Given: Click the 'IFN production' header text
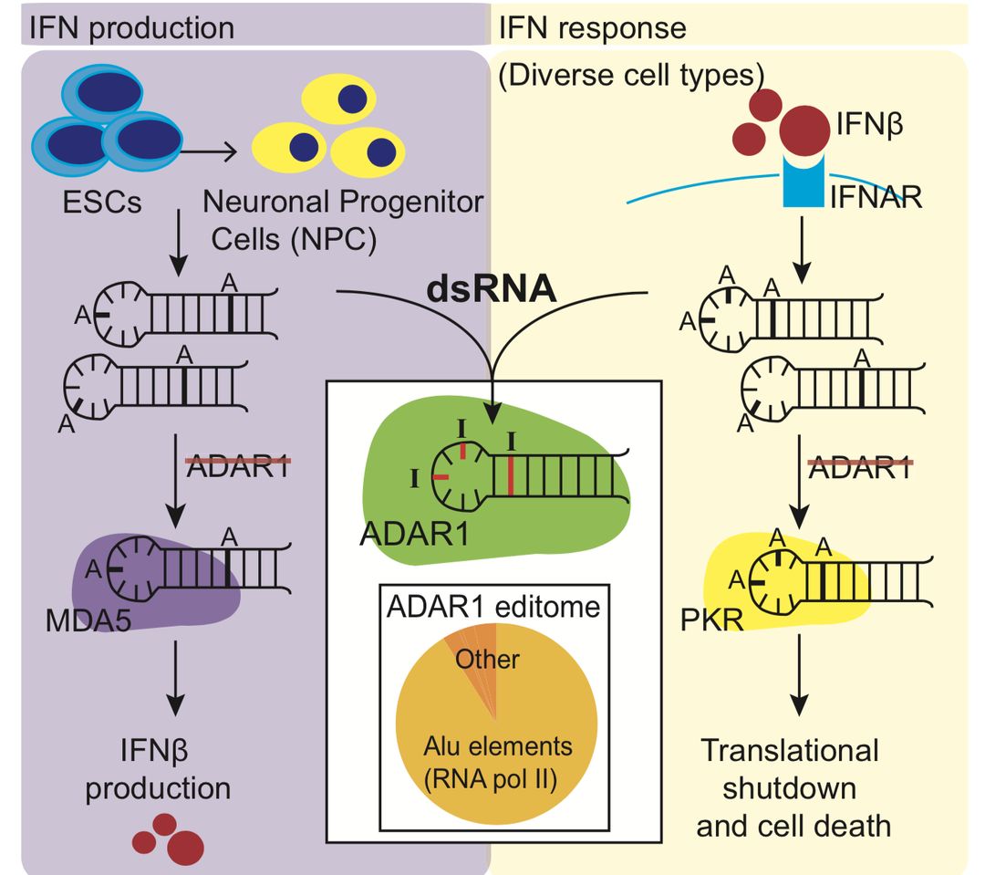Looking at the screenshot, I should coord(131,26).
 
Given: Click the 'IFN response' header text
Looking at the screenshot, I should coord(592,27).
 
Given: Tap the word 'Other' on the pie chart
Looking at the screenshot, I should coord(488,658).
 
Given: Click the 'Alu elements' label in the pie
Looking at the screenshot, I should coord(497,746).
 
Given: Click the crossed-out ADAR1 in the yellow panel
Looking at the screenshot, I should coord(861,466).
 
